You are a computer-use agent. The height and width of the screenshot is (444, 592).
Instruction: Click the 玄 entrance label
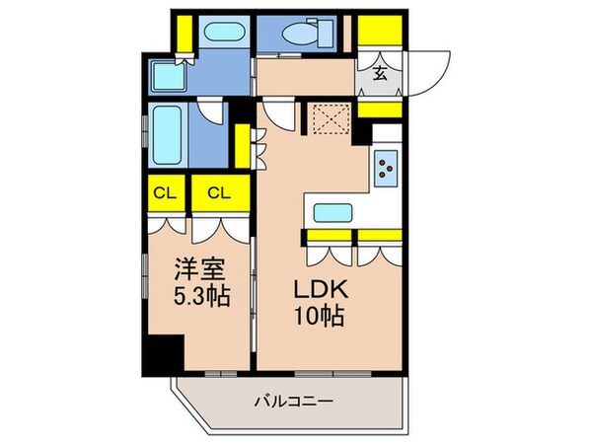[x=380, y=72]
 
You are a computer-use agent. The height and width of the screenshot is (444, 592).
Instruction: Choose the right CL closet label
[x=220, y=193]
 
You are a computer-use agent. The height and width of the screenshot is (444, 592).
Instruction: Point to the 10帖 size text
[x=315, y=319]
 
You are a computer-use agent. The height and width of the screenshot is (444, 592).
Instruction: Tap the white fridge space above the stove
[x=387, y=133]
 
